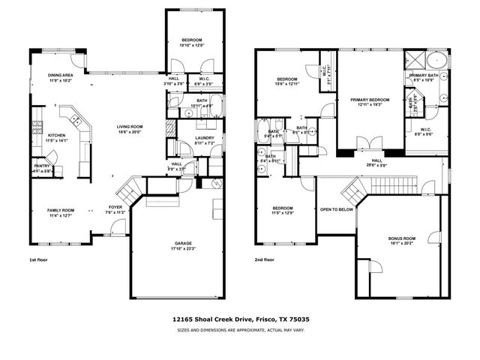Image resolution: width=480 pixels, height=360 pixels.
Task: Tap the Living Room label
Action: tap(128, 127)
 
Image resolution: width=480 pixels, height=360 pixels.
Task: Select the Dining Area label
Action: tap(60, 75)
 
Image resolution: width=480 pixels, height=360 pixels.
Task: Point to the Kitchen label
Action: tap(57, 135)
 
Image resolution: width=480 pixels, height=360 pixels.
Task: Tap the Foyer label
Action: tap(115, 207)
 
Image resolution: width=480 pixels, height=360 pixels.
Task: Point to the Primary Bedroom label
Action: tap(369, 99)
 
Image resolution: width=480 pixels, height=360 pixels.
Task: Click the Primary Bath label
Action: tap(424, 76)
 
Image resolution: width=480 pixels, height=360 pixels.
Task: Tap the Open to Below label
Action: tap(337, 210)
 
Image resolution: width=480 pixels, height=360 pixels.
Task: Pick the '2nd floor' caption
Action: tap(265, 259)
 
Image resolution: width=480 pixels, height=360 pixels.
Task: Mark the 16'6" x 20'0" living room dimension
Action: tap(128, 132)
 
